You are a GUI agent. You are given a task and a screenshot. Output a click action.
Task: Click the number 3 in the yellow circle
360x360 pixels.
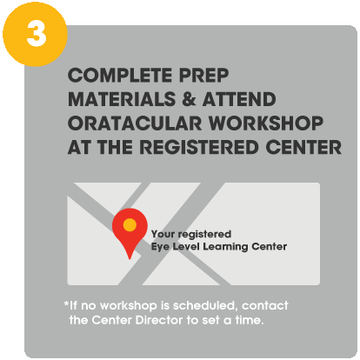(x=37, y=34)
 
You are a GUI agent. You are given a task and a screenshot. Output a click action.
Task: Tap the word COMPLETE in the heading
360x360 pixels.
(x=120, y=76)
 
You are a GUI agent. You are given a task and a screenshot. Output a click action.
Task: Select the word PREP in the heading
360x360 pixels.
(x=204, y=76)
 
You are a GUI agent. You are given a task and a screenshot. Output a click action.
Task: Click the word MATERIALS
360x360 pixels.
(x=122, y=99)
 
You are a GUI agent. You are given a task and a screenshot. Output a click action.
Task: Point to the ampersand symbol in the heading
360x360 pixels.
(x=189, y=99)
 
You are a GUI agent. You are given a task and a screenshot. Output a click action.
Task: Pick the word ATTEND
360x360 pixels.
(x=239, y=99)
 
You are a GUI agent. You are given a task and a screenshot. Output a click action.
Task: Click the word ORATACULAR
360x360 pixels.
(x=135, y=123)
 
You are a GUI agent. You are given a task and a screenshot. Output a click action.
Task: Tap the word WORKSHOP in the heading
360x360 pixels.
(x=266, y=123)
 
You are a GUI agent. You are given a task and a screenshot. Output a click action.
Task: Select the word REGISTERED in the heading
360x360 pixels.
(x=199, y=147)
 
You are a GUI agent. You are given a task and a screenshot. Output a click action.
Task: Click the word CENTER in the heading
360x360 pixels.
(x=303, y=147)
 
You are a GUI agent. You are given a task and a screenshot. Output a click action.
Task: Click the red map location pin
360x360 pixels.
(x=130, y=229)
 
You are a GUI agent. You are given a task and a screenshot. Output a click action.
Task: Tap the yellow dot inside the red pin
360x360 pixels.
(x=130, y=225)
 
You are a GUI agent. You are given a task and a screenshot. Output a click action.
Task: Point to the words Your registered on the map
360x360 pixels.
(x=191, y=234)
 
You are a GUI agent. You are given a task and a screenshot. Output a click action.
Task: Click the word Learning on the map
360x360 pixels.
(x=225, y=247)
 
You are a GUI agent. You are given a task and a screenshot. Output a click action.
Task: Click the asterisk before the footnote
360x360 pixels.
(x=66, y=303)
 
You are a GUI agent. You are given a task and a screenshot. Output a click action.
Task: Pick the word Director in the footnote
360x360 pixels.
(x=159, y=320)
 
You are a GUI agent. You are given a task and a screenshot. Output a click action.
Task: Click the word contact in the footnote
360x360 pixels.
(x=265, y=306)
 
